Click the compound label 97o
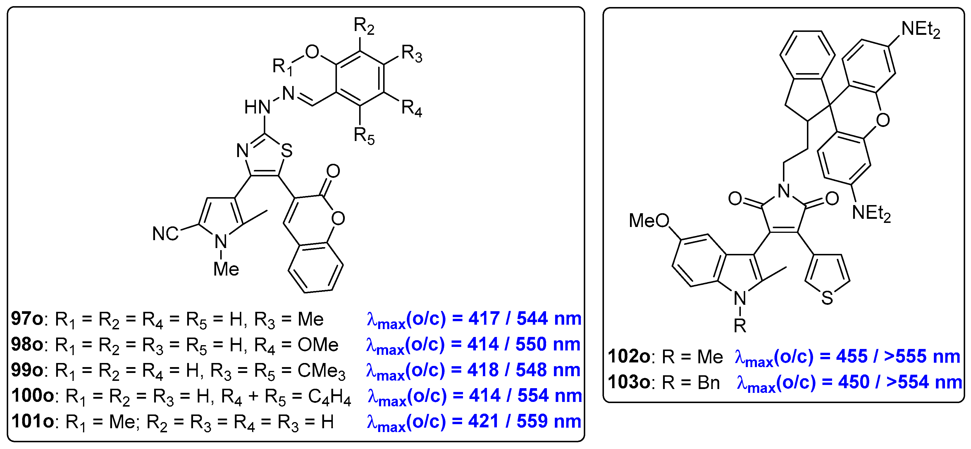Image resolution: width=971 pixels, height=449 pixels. coord(27,319)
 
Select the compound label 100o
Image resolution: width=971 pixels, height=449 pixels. coord(32,396)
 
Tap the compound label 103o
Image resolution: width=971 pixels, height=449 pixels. coord(629,382)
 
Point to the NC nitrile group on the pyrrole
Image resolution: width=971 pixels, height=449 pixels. coord(165,234)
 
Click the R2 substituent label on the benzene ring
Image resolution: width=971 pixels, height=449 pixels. coord(364,26)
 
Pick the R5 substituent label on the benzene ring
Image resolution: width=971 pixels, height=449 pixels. coord(364,136)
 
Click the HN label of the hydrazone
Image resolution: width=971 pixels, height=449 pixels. coord(257,107)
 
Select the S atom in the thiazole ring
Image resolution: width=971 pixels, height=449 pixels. coord(287,151)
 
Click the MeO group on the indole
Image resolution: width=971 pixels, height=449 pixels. coord(649,221)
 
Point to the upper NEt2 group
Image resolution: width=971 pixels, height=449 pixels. coord(920,30)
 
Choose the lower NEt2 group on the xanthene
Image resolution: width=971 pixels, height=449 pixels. coord(871,213)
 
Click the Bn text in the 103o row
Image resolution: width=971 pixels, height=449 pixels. coord(708,383)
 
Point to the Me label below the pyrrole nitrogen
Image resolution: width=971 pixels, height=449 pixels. coord(226,269)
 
